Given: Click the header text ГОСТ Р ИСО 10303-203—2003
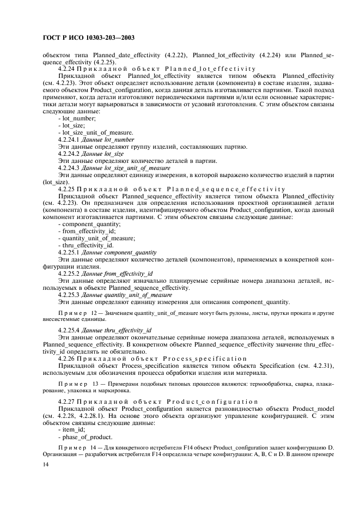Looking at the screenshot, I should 87,39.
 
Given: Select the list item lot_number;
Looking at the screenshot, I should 79,118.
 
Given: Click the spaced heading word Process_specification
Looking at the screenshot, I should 205,359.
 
